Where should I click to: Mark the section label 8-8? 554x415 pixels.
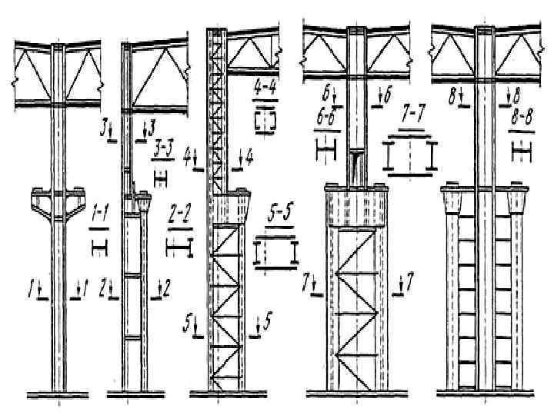pyautogui.click(x=525, y=121)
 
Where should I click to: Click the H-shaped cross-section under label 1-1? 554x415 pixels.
pyautogui.click(x=100, y=247)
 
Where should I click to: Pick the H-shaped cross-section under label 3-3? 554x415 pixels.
pyautogui.click(x=161, y=179)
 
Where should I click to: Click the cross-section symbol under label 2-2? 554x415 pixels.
pyautogui.click(x=179, y=247)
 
